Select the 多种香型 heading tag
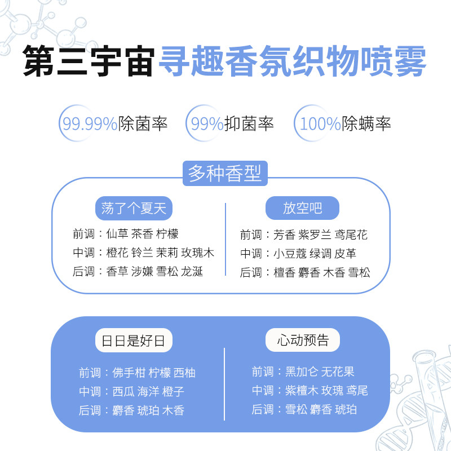pos(225,173)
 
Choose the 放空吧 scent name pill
pos(302,208)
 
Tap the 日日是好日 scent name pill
pos(134,341)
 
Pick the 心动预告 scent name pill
pos(303,341)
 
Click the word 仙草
pos(117,234)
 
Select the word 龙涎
pos(192,272)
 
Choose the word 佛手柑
pos(129,373)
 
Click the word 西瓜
pos(123,391)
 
